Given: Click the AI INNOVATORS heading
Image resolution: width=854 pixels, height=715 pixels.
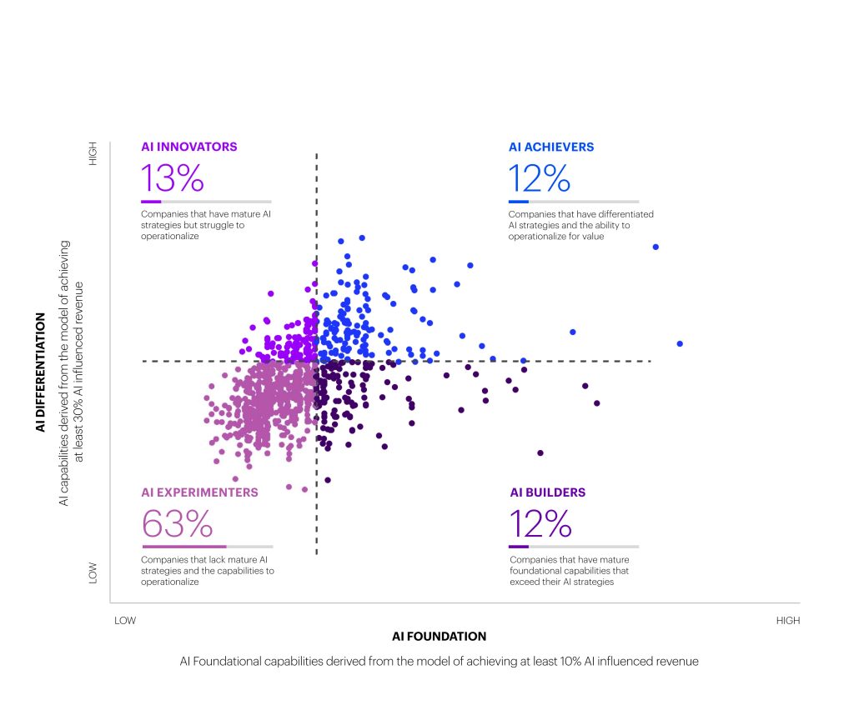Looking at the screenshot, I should tap(189, 147).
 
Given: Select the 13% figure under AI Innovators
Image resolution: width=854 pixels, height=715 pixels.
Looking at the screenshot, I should tap(172, 177).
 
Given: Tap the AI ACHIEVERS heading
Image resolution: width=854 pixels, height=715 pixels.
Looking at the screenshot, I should tap(551, 147).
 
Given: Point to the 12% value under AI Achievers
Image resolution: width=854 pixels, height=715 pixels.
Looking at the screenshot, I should tap(540, 177).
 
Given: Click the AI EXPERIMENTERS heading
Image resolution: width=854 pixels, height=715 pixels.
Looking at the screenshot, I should tap(199, 492).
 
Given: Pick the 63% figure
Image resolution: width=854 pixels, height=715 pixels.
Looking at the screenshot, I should tap(177, 524).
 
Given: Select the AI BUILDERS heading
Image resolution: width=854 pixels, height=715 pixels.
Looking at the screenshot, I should tap(547, 492).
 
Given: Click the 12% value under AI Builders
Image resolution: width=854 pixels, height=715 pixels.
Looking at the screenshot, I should tap(540, 524).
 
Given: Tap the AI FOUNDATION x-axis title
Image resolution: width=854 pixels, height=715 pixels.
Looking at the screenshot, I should tap(439, 637).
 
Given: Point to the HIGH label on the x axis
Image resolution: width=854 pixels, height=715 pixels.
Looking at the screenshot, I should tap(787, 621).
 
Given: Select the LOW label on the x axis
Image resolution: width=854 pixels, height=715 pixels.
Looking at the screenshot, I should tap(125, 621).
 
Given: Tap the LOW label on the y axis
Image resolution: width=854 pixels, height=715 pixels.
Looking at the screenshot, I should tap(93, 572).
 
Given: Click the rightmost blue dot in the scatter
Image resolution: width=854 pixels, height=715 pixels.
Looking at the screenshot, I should tap(680, 343).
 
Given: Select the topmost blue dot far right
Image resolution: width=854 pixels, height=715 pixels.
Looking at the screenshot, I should tap(656, 247).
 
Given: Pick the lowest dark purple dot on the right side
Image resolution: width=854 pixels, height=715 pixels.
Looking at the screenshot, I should tap(540, 452).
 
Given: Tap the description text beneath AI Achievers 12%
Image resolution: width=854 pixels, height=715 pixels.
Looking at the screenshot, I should tap(580, 225).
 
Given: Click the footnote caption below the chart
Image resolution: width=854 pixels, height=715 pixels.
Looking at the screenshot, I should tap(439, 661).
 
